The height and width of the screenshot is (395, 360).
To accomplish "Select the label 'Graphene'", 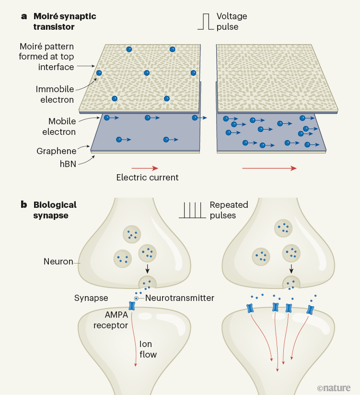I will (57, 151).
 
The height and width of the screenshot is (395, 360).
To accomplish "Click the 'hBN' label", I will (68, 163).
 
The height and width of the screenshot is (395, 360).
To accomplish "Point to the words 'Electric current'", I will (147, 178).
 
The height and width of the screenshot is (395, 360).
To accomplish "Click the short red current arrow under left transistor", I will (148, 168).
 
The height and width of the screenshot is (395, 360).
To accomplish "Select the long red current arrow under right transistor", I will (269, 168).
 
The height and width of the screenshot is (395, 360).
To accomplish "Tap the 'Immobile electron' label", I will (55, 95).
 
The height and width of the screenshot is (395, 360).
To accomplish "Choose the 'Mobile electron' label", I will (62, 126).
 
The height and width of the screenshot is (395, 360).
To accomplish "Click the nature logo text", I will (334, 387).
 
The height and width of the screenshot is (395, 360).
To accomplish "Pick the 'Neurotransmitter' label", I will (179, 298).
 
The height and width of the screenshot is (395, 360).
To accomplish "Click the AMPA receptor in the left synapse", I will (132, 306).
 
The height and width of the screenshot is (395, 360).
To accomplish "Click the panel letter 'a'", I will (23, 16).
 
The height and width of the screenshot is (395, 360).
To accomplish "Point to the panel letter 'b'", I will (23, 205).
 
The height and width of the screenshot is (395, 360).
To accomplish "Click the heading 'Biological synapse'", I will (55, 210).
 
